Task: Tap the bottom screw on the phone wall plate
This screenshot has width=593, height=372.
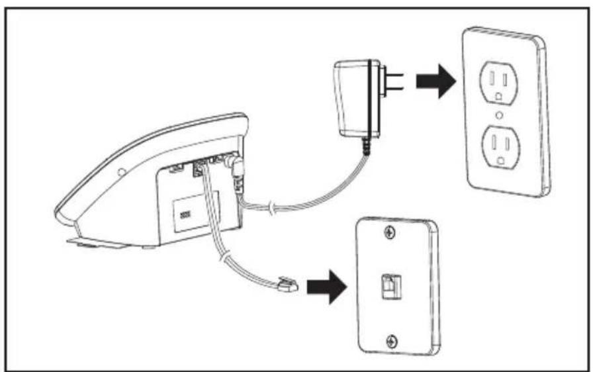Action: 392,341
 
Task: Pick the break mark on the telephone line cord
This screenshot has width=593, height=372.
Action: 224,256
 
